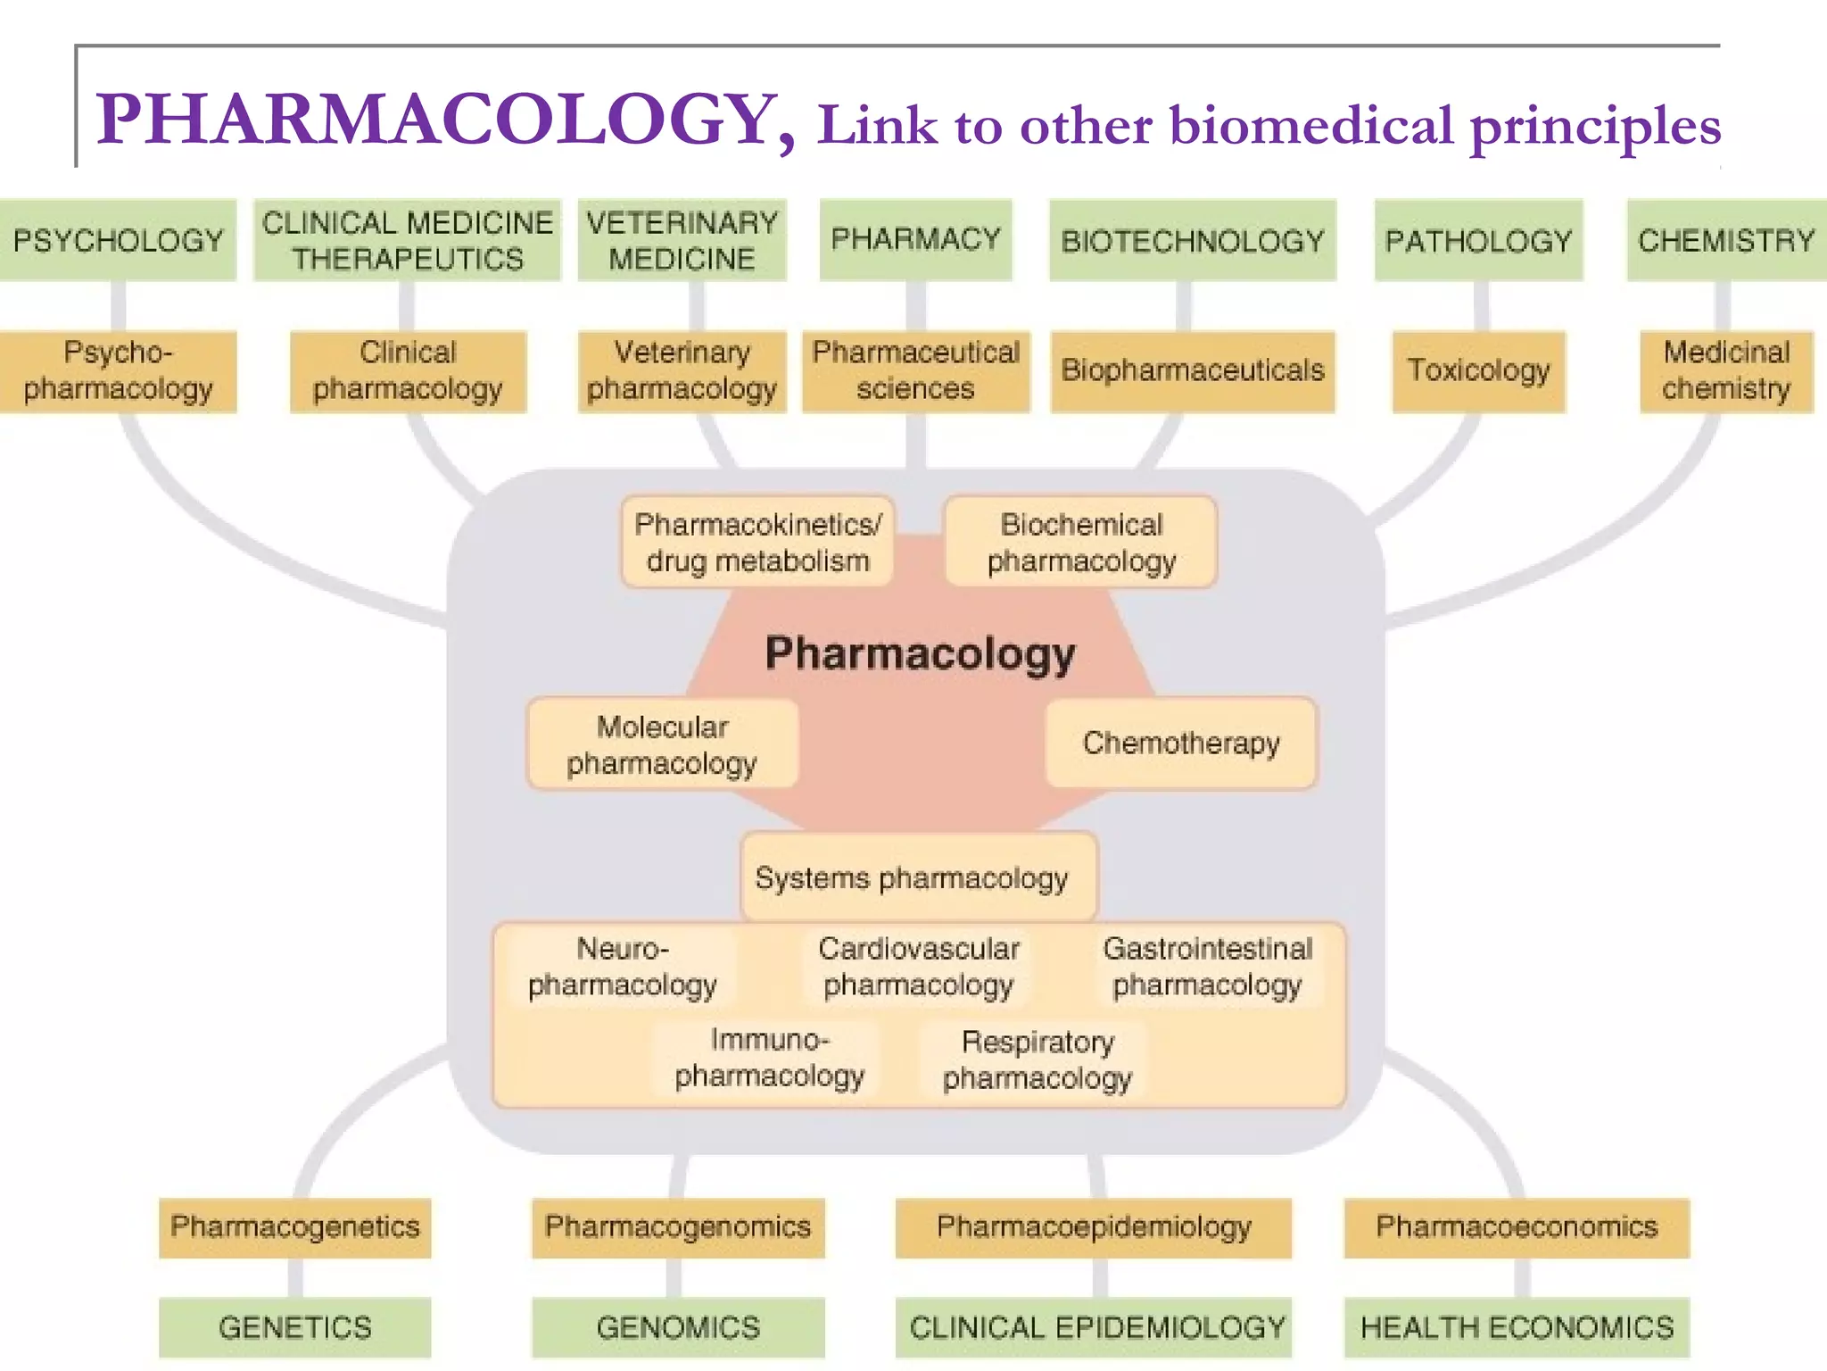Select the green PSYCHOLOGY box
[x=118, y=240]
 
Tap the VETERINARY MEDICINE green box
[x=682, y=240]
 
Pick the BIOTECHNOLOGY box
[x=1192, y=240]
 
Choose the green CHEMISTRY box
[x=1726, y=240]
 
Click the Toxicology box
[x=1478, y=370]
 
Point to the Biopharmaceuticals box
[x=1192, y=370]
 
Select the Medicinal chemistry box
[x=1726, y=370]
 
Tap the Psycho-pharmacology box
[x=118, y=370]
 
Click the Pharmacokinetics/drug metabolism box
[x=757, y=542]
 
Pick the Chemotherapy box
[x=1181, y=743]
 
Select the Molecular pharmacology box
[x=662, y=744]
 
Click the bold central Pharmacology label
[x=920, y=653]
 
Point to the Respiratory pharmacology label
[x=1037, y=1059]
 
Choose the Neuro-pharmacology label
[x=622, y=967]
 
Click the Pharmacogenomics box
[x=678, y=1227]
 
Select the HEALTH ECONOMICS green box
[x=1517, y=1327]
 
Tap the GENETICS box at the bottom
[x=294, y=1327]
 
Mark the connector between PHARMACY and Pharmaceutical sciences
[x=915, y=306]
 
